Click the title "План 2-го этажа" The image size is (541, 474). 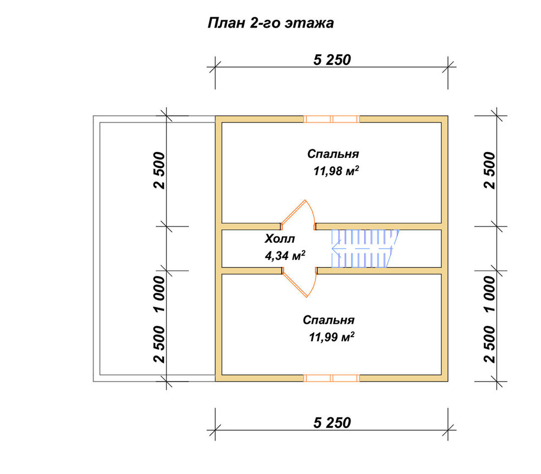(x=271, y=23)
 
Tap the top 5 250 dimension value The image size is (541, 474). (x=332, y=60)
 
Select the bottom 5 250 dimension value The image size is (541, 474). (x=332, y=423)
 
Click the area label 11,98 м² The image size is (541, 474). (x=336, y=171)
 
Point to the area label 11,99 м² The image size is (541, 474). (x=332, y=337)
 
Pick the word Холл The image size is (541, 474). (x=280, y=238)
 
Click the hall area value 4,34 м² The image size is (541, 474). (x=285, y=256)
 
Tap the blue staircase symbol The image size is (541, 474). (x=365, y=249)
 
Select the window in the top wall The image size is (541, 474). (x=332, y=119)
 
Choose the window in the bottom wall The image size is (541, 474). (x=332, y=378)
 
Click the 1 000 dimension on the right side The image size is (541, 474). (x=490, y=293)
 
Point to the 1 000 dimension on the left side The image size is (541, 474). (x=160, y=293)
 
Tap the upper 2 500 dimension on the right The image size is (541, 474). (x=490, y=170)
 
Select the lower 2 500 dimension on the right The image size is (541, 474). (x=490, y=344)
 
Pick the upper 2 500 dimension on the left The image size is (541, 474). (x=160, y=170)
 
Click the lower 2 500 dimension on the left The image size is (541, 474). (x=160, y=344)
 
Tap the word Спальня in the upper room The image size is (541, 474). (x=333, y=153)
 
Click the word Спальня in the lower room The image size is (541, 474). (x=329, y=320)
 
